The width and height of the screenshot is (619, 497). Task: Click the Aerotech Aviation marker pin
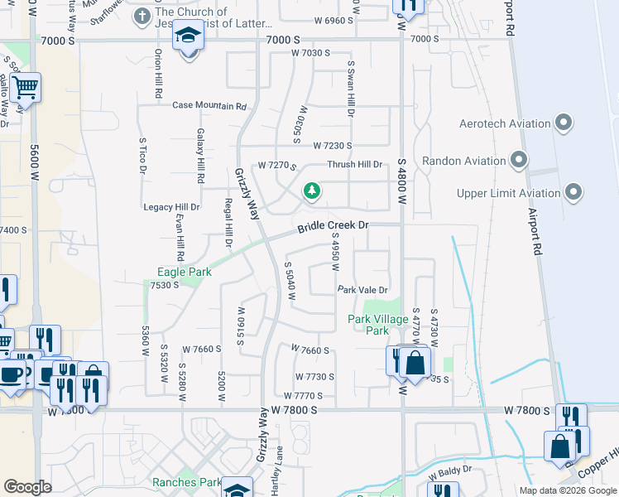564,123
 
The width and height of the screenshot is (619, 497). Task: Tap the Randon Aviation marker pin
520,160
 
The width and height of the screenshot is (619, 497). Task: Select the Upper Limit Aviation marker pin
573,193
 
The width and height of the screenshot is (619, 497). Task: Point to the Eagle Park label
185,272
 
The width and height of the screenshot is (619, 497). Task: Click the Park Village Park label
377,325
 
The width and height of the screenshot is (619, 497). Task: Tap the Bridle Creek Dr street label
333,226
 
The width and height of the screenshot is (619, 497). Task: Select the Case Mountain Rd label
209,106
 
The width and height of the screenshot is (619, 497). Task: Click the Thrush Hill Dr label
354,165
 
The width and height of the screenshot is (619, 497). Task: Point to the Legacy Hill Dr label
171,207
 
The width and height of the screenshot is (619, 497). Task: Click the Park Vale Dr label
362,290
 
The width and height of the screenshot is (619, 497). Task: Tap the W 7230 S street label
333,146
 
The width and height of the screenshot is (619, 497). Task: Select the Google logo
27,487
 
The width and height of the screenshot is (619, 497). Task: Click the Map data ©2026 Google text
568,490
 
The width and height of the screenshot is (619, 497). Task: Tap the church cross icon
142,16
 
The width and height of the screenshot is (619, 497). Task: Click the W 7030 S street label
310,53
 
